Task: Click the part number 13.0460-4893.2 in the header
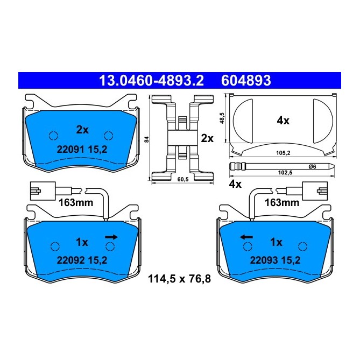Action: (x=151, y=81)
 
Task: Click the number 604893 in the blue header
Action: (x=246, y=81)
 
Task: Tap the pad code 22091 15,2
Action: (x=82, y=150)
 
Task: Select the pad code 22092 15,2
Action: (x=82, y=259)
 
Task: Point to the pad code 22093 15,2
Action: (x=276, y=259)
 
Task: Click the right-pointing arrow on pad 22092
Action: (x=112, y=236)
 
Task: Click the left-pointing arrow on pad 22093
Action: (x=246, y=236)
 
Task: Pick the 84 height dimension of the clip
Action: (x=147, y=139)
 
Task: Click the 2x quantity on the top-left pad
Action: (x=82, y=130)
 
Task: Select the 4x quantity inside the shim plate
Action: (x=283, y=121)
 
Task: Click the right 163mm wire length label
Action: (x=282, y=203)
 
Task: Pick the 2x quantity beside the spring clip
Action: (x=207, y=138)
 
